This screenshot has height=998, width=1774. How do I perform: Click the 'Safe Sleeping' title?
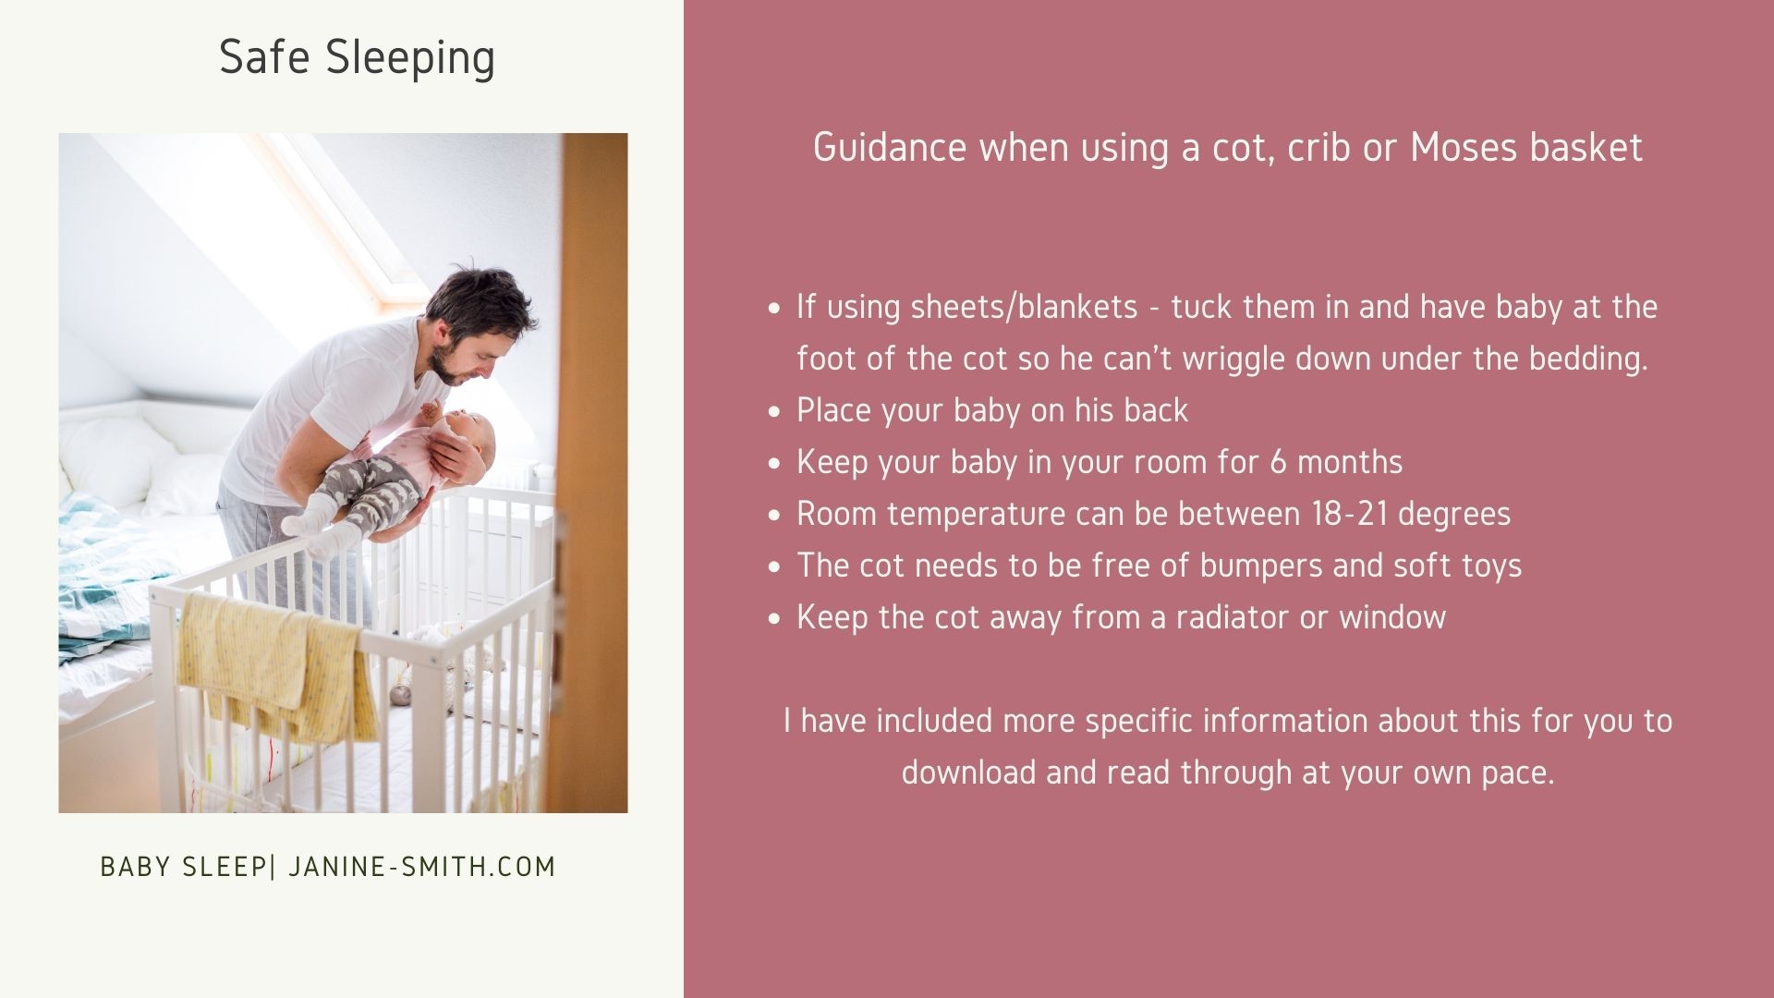pyautogui.click(x=357, y=58)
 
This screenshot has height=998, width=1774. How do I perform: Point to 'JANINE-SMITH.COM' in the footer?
pyautogui.click(x=422, y=867)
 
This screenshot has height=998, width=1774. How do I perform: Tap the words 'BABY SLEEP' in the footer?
pyautogui.click(x=183, y=867)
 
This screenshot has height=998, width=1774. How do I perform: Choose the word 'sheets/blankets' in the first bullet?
pyautogui.click(x=1024, y=308)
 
